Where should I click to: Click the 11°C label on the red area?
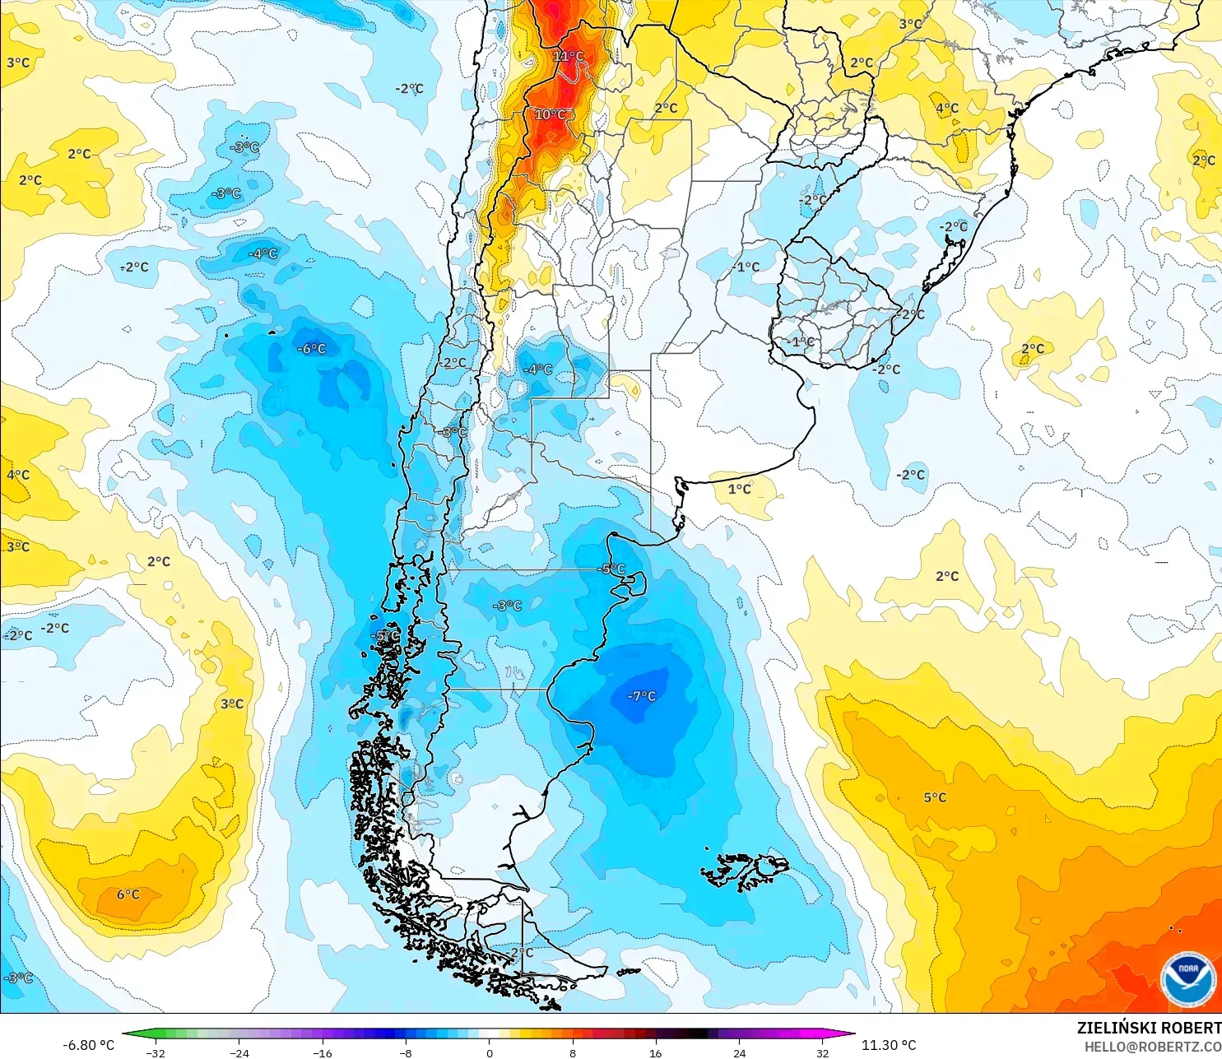tap(568, 56)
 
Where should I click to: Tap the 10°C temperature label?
tap(550, 114)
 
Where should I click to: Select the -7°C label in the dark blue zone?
tap(641, 696)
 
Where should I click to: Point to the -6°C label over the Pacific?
tap(311, 349)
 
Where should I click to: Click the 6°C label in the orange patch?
tap(128, 894)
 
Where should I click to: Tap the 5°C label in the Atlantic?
tap(935, 797)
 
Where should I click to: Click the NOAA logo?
tap(1187, 979)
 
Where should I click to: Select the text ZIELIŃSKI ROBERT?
tap(1149, 1028)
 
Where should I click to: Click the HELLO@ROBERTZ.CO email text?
tap(1152, 1047)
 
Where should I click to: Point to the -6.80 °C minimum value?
tap(89, 1045)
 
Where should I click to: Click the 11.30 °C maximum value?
tap(889, 1045)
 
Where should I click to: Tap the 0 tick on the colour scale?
tap(490, 1052)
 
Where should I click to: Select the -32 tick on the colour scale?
tap(156, 1052)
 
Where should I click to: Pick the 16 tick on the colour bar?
tap(655, 1052)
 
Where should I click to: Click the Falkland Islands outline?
tap(745, 871)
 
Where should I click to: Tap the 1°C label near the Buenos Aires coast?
tap(739, 489)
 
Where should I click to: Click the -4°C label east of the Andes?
tap(538, 369)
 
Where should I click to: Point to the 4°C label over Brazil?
tap(946, 108)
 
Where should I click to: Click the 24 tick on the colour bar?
tap(739, 1052)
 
